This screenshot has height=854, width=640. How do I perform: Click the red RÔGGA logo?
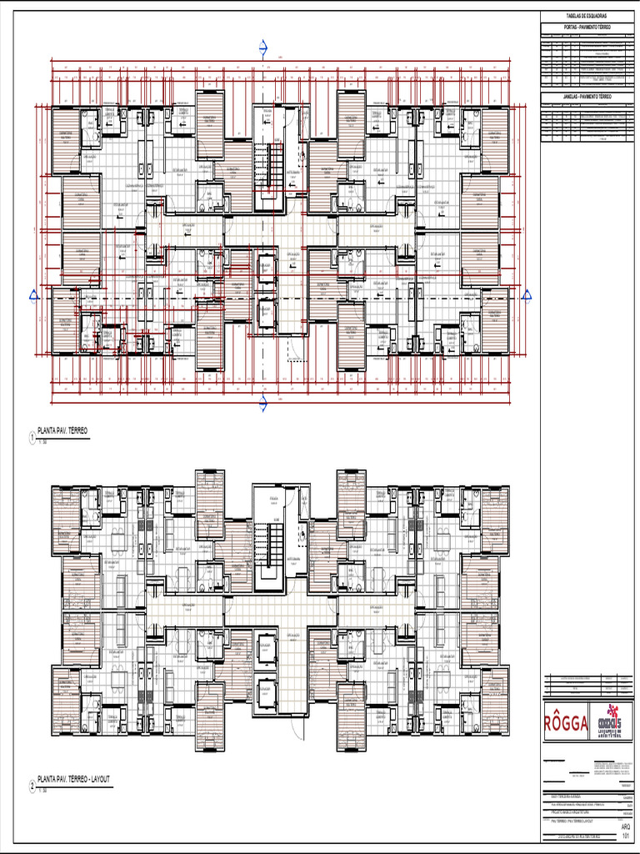tap(567, 721)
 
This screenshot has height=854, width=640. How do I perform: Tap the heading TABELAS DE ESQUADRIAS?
tap(586, 16)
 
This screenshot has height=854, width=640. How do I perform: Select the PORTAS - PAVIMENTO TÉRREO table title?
tap(586, 28)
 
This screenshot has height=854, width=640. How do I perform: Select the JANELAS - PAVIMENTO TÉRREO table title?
tap(586, 97)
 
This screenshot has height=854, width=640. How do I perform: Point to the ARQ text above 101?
tap(626, 826)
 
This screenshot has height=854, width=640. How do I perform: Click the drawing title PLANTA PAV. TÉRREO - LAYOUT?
tap(73, 780)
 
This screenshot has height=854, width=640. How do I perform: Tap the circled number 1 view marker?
tap(32, 437)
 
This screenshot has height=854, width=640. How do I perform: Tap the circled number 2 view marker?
tap(32, 786)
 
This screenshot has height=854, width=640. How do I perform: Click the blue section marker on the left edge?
tap(33, 294)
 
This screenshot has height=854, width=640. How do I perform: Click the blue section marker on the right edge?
tap(526, 294)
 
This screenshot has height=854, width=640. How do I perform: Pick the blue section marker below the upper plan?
tap(263, 404)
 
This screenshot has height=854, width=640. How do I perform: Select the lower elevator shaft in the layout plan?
tap(266, 694)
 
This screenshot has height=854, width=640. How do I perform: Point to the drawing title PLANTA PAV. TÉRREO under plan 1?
tap(62, 431)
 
